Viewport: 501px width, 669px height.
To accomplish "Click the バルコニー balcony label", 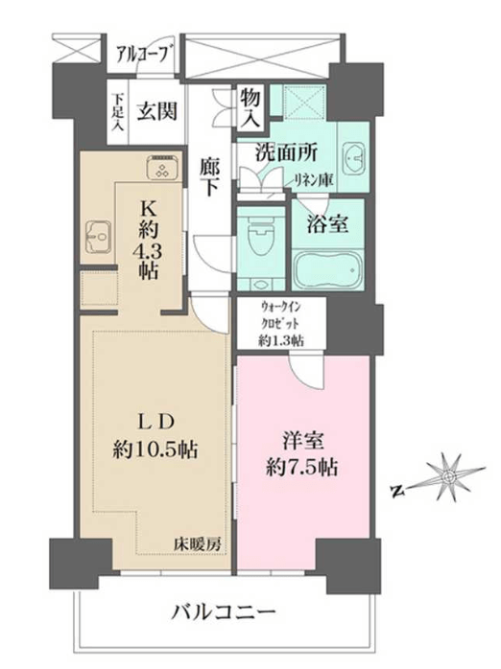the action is (x=224, y=613).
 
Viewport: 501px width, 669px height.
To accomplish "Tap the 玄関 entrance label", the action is (x=156, y=112).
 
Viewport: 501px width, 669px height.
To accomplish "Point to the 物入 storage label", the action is (x=250, y=108).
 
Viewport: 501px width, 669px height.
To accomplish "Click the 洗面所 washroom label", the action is (x=287, y=152).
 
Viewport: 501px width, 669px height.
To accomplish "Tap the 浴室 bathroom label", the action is (x=327, y=223).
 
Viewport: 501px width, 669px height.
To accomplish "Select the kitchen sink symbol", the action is (x=99, y=236).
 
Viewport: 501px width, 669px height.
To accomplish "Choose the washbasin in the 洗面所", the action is (x=353, y=158).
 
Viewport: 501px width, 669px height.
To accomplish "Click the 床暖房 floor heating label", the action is (x=197, y=544).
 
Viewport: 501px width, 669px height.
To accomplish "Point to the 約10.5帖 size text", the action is (x=155, y=450).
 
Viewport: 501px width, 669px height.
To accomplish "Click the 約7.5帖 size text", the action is (x=302, y=467).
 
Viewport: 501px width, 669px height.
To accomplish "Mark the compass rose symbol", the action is (x=448, y=476).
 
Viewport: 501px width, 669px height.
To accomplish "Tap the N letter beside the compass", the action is (x=397, y=492).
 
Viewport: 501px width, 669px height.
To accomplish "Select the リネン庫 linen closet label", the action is (x=314, y=181).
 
